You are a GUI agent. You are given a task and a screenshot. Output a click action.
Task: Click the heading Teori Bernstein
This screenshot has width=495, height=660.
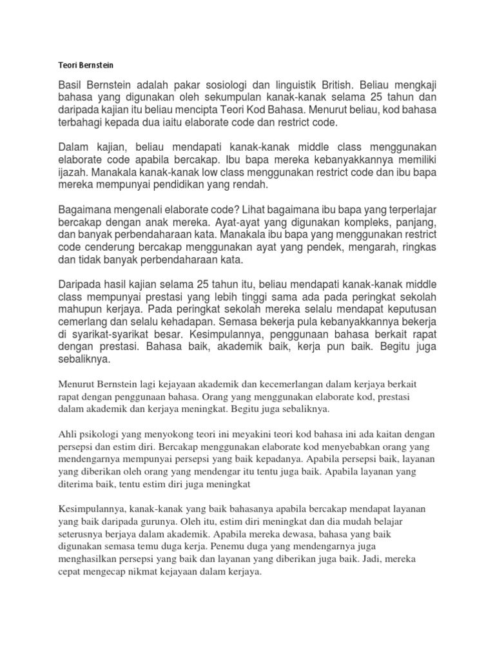[x=86, y=65]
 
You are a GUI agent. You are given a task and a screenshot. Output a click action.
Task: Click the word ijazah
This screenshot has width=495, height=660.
[x=73, y=173]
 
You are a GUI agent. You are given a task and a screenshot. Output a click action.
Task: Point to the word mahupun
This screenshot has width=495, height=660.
[x=82, y=309]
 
